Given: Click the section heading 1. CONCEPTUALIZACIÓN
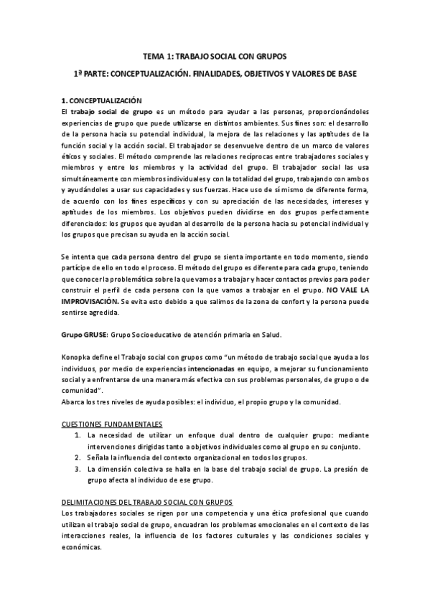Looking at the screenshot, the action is coord(102,101).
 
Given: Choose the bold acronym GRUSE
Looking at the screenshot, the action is coord(95,335).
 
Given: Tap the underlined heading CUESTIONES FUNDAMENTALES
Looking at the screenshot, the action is coord(112,424).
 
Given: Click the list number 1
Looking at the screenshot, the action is coord(78,435).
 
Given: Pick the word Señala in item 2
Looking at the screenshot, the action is coord(98,457).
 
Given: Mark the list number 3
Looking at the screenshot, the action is coord(78,468).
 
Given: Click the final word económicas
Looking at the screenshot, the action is coord(82,546).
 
